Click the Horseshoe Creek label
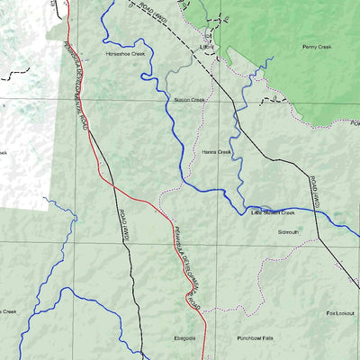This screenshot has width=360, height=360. coord(126,54)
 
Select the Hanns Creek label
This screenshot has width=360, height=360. coord(217,152)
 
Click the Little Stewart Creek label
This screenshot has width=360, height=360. coord(273,213)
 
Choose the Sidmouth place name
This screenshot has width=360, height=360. coord(288,232)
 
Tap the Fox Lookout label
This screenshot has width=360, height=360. coord(339,313)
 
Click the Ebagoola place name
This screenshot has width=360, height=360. coord(184,339)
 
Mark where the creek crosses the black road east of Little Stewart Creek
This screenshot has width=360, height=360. coord(319,208)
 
